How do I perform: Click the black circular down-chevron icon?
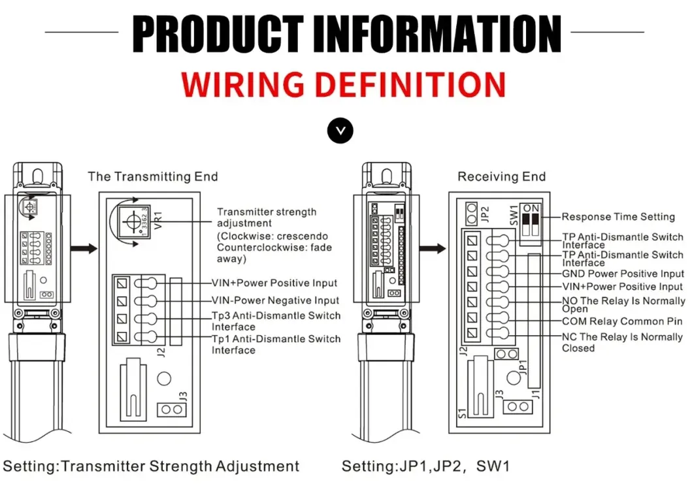[x=339, y=131]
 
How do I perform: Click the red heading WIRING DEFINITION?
[x=345, y=84]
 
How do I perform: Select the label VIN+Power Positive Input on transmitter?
[x=274, y=283]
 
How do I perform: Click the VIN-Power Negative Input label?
[x=275, y=300]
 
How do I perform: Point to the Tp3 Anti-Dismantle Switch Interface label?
[x=275, y=321]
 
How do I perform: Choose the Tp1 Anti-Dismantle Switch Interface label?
[x=275, y=344]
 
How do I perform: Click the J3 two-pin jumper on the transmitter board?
[x=172, y=410]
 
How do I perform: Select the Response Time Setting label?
[x=618, y=217]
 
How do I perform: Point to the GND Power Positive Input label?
[x=623, y=274]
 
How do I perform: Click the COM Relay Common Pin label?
[x=621, y=321]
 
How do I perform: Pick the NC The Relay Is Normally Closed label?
[x=621, y=342]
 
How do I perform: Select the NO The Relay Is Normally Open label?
[x=621, y=304]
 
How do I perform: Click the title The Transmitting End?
[x=153, y=176]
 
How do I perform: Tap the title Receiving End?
[x=501, y=176]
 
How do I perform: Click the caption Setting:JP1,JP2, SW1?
[x=425, y=466]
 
